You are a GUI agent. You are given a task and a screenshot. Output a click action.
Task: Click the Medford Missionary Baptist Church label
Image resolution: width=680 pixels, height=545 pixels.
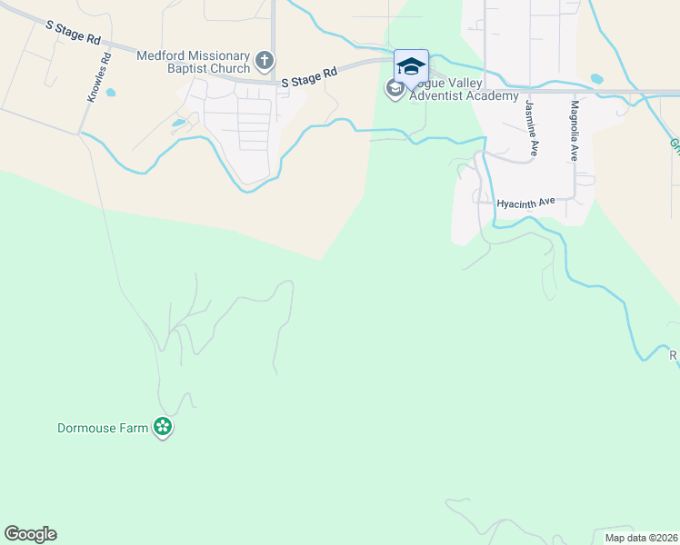point(193,62)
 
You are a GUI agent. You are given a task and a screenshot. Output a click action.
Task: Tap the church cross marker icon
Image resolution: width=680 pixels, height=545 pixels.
point(265,61)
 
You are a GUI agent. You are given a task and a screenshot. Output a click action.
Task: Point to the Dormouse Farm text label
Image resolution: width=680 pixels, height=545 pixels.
point(103,428)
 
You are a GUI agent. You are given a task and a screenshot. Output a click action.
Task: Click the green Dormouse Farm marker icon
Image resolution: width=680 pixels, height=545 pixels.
point(163,427)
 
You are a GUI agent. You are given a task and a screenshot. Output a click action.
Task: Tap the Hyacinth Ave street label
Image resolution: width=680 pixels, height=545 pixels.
point(525,203)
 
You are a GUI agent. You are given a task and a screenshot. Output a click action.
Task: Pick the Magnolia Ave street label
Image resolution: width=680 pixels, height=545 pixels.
point(575,131)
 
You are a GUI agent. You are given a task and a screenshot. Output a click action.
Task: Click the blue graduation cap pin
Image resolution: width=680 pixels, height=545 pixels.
point(411,66)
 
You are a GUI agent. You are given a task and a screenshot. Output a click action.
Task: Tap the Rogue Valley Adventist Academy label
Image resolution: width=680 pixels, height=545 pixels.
point(464,90)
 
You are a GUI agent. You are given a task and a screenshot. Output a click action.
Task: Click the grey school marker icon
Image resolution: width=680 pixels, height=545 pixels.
point(395,89)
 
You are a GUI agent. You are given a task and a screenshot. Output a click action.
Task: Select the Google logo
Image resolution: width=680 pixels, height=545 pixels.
point(30,534)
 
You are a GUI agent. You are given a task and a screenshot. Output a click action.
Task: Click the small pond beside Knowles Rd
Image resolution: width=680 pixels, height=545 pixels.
point(111,92)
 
